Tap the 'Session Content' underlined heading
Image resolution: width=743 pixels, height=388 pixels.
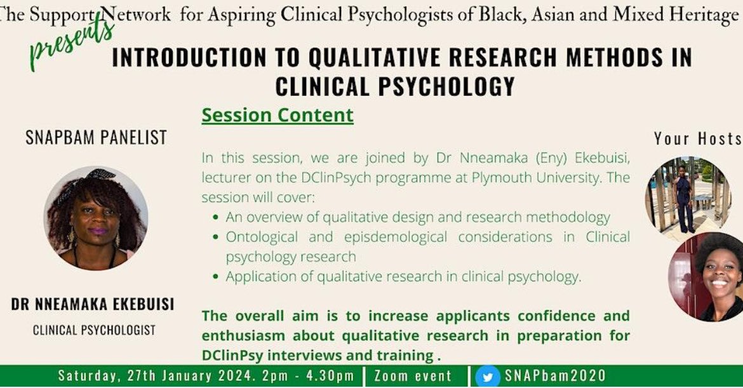pos(277,116)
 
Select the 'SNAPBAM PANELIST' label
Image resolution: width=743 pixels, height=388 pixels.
pos(96,137)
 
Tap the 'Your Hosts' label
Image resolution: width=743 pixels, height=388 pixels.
pos(697,138)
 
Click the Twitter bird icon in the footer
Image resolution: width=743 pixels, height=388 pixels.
pos(488,376)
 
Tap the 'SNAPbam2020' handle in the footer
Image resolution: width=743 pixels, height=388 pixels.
pos(555,376)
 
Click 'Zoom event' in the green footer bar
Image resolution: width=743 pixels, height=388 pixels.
pos(413,376)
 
